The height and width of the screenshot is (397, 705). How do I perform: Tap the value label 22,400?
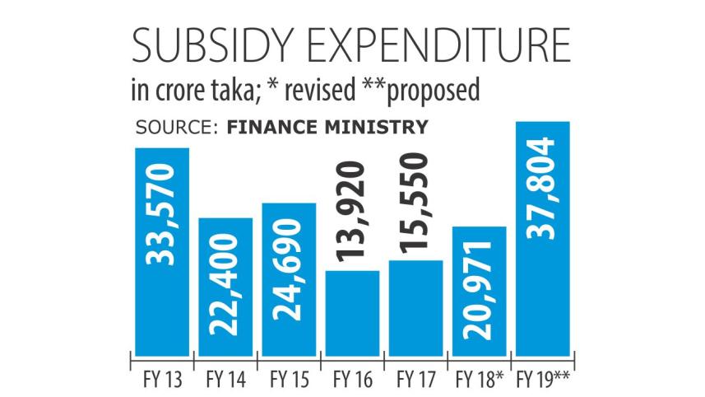point(225,284)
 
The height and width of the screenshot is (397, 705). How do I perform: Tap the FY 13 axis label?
point(163,381)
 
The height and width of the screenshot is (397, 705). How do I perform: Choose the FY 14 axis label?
point(225,381)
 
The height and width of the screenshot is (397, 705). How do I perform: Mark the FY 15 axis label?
point(289,381)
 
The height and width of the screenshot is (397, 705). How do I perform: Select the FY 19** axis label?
point(543,381)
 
